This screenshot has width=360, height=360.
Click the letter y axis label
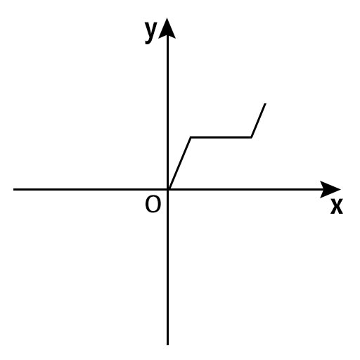150,32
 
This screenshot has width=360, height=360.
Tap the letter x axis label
337,206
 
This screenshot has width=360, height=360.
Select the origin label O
153,204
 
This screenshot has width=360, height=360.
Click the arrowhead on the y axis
167,28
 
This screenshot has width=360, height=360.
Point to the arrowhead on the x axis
330,189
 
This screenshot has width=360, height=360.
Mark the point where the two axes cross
167,189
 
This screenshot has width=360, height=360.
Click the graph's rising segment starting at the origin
180,163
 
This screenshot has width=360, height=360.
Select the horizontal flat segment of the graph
221,137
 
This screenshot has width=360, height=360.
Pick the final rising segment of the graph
258,120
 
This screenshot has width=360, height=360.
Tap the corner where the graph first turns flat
191,137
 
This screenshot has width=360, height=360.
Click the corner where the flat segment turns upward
251,137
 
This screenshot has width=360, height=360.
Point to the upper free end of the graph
265,103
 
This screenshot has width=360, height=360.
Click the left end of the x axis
13,189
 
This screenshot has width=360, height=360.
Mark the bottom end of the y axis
167,345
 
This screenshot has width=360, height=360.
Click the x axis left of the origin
91,189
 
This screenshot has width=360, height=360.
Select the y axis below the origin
167,267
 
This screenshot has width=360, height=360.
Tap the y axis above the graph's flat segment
167,86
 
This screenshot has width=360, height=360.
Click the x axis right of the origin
245,189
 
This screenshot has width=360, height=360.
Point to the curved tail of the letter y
148,41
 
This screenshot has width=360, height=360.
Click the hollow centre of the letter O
153,205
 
